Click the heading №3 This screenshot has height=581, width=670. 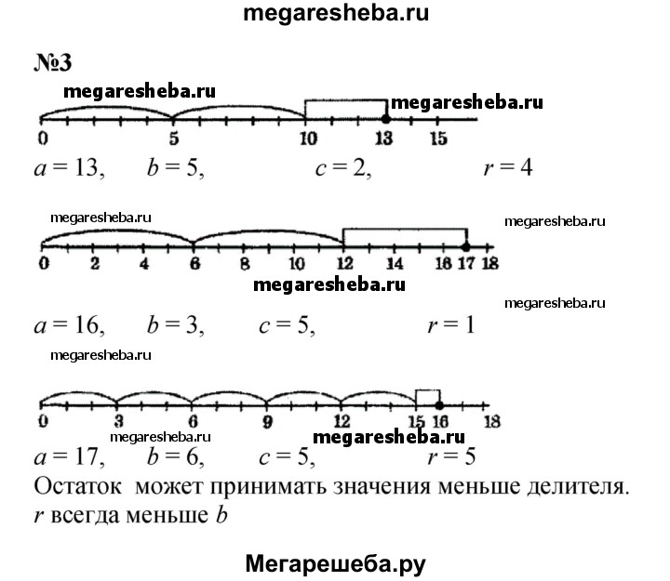pos(53,63)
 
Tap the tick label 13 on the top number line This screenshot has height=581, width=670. pos(383,139)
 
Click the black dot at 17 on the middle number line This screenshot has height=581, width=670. pos(466,246)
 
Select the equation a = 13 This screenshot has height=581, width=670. pos(69,167)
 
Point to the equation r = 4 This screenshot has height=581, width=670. pos(508,167)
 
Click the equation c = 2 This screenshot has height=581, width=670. pos(343,168)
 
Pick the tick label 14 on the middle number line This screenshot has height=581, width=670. pos(395,263)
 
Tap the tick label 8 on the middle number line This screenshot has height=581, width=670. pos(245,263)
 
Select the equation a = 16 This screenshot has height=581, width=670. pos(69,325)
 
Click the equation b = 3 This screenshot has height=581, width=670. pos(175,325)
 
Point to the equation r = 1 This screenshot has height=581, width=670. pos(451,325)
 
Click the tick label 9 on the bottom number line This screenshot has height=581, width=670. pos(267,422)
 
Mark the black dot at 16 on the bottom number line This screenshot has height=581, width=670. pos(439,405)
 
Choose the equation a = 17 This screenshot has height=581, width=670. pos(69,457)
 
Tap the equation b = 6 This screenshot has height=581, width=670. pos(175,457)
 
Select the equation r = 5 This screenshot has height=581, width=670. pos(451,456)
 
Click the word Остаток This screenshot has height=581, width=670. pos(78,487)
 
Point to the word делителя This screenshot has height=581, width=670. pos(578,487)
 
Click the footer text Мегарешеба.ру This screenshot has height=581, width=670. pos(335,564)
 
